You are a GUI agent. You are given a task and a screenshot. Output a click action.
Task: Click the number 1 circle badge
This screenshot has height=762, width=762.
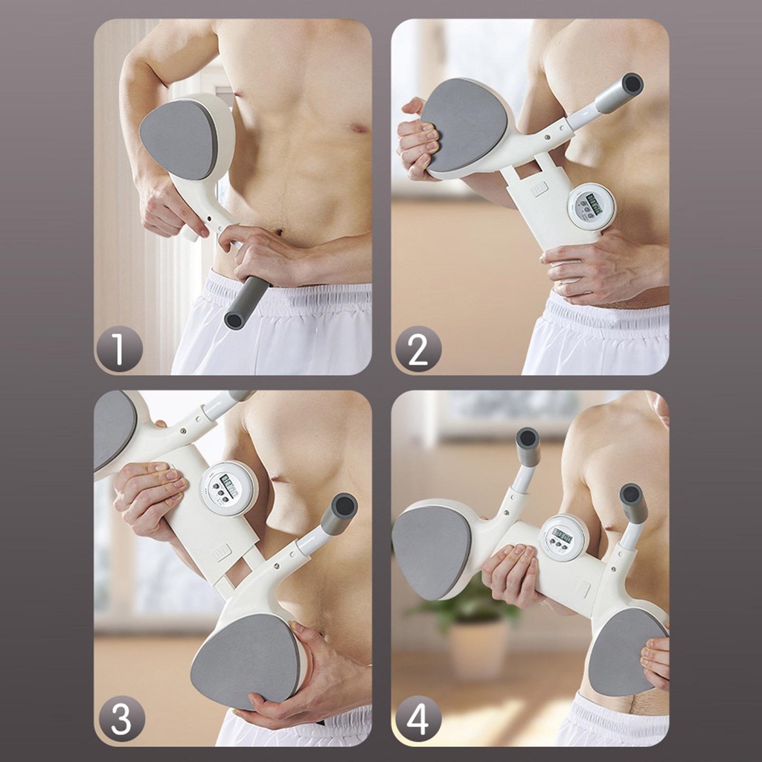pyautogui.click(x=119, y=348)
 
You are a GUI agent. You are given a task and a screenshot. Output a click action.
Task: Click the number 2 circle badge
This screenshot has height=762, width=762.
pyautogui.click(x=418, y=348)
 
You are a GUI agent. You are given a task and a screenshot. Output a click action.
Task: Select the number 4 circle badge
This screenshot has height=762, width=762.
pyautogui.click(x=418, y=719)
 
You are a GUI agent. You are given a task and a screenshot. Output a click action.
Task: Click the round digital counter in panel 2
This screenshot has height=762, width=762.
pyautogui.click(x=592, y=206)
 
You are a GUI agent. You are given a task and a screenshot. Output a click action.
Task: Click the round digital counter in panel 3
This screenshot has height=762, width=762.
pyautogui.click(x=228, y=487)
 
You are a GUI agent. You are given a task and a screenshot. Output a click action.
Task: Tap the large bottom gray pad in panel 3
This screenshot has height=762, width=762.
pyautogui.click(x=246, y=659)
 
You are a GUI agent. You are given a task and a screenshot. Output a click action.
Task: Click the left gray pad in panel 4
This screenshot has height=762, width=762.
pyautogui.click(x=431, y=551)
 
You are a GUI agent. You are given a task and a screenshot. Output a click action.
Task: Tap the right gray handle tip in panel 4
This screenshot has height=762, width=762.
pyautogui.click(x=633, y=503)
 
